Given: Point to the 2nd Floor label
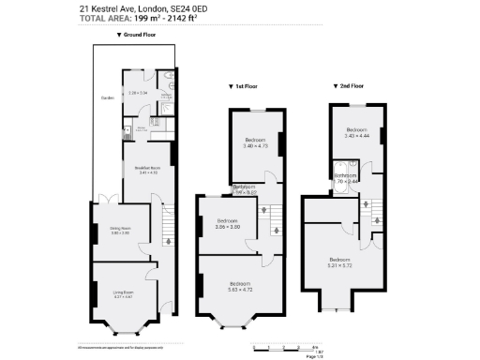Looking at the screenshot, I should tap(350, 85).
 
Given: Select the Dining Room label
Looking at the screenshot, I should tap(120, 229).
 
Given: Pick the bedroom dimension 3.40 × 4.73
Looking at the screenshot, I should tap(256, 146).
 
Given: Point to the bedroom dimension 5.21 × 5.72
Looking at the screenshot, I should tap(339, 264).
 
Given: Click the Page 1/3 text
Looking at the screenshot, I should tap(315, 356).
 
